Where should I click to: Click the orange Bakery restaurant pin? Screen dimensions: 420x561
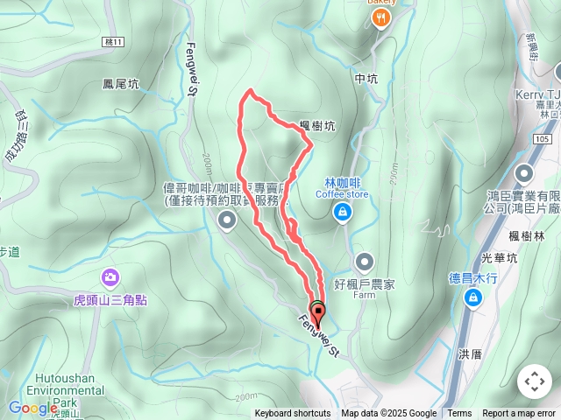(x=380, y=19)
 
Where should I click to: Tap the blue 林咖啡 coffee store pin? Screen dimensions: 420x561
(x=342, y=211)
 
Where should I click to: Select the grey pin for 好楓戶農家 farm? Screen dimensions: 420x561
(x=365, y=260)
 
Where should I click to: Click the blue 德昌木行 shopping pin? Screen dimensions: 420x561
(x=472, y=299)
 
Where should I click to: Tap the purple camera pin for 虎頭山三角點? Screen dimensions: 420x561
(x=110, y=277)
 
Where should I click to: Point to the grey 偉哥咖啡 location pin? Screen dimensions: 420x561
(x=226, y=220)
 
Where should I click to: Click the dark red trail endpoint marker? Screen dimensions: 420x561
(x=317, y=312)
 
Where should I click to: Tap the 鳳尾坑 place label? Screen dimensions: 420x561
(x=120, y=85)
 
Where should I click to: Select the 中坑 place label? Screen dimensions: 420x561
(x=366, y=79)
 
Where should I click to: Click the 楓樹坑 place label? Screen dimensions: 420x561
(x=317, y=126)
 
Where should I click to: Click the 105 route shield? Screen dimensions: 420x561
(x=543, y=138)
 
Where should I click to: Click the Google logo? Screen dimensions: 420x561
(x=32, y=408)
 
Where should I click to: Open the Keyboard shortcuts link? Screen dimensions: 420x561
(x=293, y=414)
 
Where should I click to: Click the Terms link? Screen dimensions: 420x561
(x=459, y=414)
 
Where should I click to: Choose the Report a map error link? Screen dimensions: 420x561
(x=520, y=414)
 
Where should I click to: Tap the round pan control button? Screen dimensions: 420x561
(x=534, y=381)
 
